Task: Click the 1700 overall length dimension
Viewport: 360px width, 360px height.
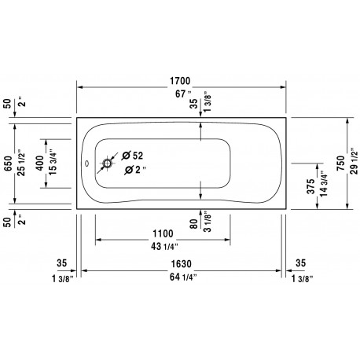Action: pyautogui.click(x=180, y=81)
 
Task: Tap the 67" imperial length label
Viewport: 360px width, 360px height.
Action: pyautogui.click(x=183, y=94)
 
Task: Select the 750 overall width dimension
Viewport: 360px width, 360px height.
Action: pyautogui.click(x=341, y=163)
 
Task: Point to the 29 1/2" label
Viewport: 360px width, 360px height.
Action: pyautogui.click(x=354, y=160)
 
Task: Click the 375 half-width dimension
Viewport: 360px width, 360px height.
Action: pyautogui.click(x=310, y=186)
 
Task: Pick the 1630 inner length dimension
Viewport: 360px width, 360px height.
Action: pyautogui.click(x=181, y=264)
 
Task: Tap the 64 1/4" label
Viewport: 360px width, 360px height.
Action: pyautogui.click(x=183, y=277)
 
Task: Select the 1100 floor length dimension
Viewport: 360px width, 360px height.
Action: pyautogui.click(x=163, y=233)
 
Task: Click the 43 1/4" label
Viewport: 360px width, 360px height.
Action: pyautogui.click(x=164, y=246)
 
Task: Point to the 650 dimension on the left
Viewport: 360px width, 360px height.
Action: pyautogui.click(x=8, y=163)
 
